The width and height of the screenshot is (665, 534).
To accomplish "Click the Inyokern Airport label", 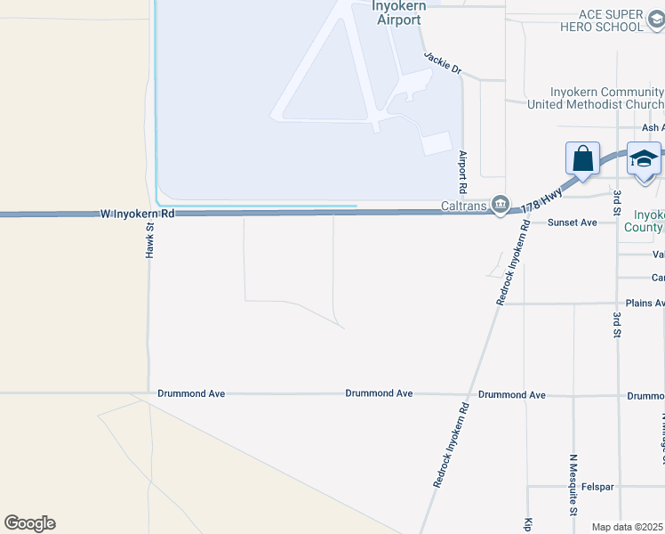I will click(397, 12).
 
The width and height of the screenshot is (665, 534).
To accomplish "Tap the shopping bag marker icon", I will click(582, 158).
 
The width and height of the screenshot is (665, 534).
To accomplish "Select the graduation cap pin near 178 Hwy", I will click(644, 158).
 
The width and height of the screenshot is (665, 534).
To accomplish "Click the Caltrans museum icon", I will click(501, 206).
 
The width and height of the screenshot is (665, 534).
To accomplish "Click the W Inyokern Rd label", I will click(132, 214).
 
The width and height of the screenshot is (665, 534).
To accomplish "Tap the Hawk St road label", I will click(150, 241).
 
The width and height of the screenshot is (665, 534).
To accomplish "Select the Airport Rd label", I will click(463, 172).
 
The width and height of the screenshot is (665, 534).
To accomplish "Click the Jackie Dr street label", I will click(443, 62).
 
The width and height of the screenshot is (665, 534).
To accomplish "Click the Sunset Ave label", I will click(572, 222).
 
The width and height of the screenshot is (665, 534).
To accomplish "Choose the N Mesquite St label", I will click(573, 483).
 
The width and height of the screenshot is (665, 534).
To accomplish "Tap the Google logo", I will click(29, 523).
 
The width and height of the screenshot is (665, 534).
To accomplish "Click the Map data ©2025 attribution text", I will click(627, 527).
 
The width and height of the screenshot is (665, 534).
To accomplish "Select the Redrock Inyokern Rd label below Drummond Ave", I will click(451, 446).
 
